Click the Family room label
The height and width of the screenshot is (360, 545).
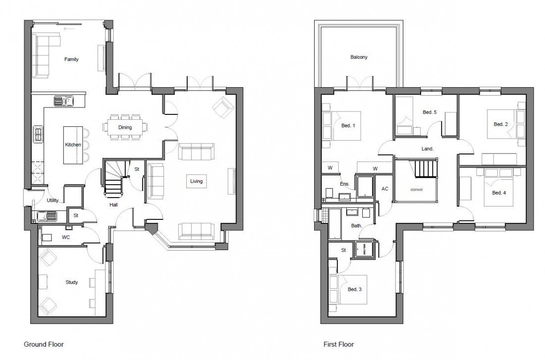pyautogui.click(x=71, y=59)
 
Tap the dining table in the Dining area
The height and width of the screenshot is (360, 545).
pyautogui.click(x=124, y=127)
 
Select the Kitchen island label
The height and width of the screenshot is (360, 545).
pyautogui.click(x=73, y=145)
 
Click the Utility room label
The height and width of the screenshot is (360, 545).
pyautogui.click(x=53, y=201)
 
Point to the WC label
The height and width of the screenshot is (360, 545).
pyautogui.click(x=64, y=237)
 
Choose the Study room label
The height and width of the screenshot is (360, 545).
pyautogui.click(x=71, y=282)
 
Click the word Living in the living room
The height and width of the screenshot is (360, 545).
pyautogui.click(x=196, y=181)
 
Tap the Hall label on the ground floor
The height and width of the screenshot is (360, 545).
pyautogui.click(x=113, y=204)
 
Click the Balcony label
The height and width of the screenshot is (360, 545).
pyautogui.click(x=359, y=57)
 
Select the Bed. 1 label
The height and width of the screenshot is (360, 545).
pyautogui.click(x=348, y=125)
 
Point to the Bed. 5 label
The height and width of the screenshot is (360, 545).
pyautogui.click(x=430, y=112)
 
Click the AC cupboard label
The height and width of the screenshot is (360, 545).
pyautogui.click(x=384, y=189)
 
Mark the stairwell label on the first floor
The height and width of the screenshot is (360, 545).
pyautogui.click(x=416, y=189)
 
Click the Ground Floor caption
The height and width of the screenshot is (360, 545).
pyautogui.click(x=44, y=343)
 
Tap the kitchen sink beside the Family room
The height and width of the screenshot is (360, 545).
pyautogui.click(x=64, y=101)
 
